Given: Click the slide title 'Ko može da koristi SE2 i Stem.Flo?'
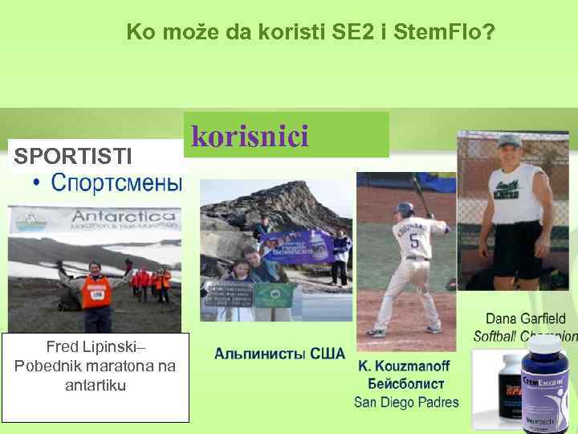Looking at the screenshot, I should [311, 33].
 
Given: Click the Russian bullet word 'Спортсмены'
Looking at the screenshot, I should [117, 182].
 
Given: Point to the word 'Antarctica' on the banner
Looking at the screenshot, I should [124, 216].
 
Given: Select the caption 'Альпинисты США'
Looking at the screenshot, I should [279, 354].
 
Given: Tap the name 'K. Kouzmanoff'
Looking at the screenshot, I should [404, 366].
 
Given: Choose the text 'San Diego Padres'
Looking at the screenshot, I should [406, 403].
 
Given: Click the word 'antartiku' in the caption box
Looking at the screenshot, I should [95, 385].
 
